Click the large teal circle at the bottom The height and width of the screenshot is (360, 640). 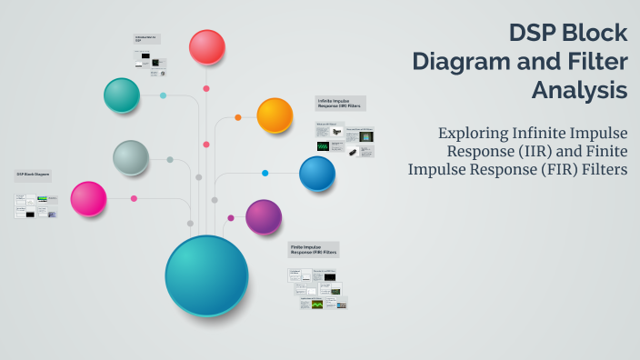[x=206, y=275]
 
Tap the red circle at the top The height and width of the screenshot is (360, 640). [x=207, y=47]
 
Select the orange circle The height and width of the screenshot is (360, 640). [x=275, y=115]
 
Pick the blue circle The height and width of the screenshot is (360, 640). [x=317, y=174]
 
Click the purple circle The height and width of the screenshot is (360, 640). [x=264, y=217]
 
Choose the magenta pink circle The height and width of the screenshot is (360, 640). [x=88, y=199]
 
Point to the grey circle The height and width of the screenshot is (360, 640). [x=131, y=158]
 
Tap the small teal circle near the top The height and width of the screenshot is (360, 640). [x=122, y=95]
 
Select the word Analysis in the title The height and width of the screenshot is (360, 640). [x=580, y=91]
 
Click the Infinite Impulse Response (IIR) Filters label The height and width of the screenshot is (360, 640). [x=341, y=103]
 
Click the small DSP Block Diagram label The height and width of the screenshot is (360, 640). [x=32, y=174]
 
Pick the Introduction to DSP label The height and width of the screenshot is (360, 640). [x=145, y=39]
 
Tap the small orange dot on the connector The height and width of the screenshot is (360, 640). [x=238, y=117]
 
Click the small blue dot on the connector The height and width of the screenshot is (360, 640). [x=265, y=173]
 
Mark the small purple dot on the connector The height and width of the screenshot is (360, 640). [x=231, y=218]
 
